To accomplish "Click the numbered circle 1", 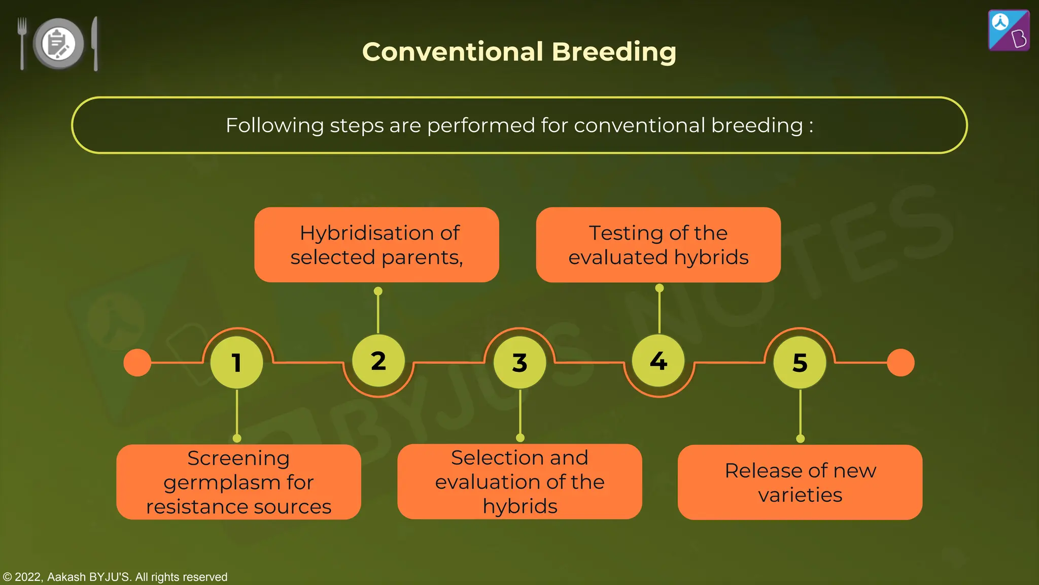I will pyautogui.click(x=236, y=363).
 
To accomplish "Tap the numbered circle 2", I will pyautogui.click(x=378, y=361).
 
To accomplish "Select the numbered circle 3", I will pyautogui.click(x=519, y=363).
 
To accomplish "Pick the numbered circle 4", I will pyautogui.click(x=659, y=361).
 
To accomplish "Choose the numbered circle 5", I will pyautogui.click(x=800, y=363).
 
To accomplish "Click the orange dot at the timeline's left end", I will pyautogui.click(x=137, y=363).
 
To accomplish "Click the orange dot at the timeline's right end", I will pyautogui.click(x=901, y=363).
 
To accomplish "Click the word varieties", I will pyautogui.click(x=800, y=495).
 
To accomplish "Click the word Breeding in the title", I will pyautogui.click(x=613, y=52).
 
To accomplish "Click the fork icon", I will pyautogui.click(x=22, y=43).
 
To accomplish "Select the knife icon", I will pyautogui.click(x=95, y=43).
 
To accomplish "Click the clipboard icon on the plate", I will pyautogui.click(x=58, y=43).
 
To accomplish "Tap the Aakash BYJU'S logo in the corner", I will pyautogui.click(x=1009, y=30).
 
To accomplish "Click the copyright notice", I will pyautogui.click(x=115, y=577).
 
